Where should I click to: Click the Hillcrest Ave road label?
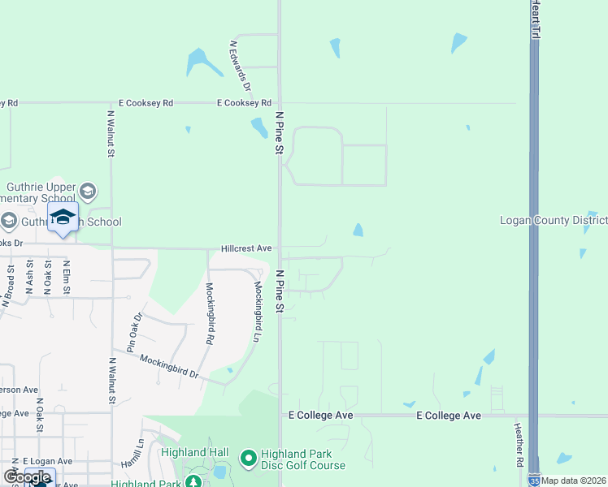pyautogui.click(x=246, y=248)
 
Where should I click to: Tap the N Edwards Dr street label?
pyautogui.click(x=241, y=66)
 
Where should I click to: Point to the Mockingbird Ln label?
pyautogui.click(x=258, y=312)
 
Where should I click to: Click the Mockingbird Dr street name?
pyautogui.click(x=169, y=367)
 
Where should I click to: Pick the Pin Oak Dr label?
pyautogui.click(x=134, y=332)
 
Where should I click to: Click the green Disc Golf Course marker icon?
pyautogui.click(x=249, y=459)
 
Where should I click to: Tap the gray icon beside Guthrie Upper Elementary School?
pyautogui.click(x=88, y=192)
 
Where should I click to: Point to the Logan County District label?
pyautogui.click(x=553, y=220)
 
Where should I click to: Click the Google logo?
pyautogui.click(x=28, y=477)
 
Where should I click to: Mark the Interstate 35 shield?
pyautogui.click(x=534, y=481)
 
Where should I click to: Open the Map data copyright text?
pyautogui.click(x=574, y=481)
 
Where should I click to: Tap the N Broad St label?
pyautogui.click(x=9, y=285)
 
